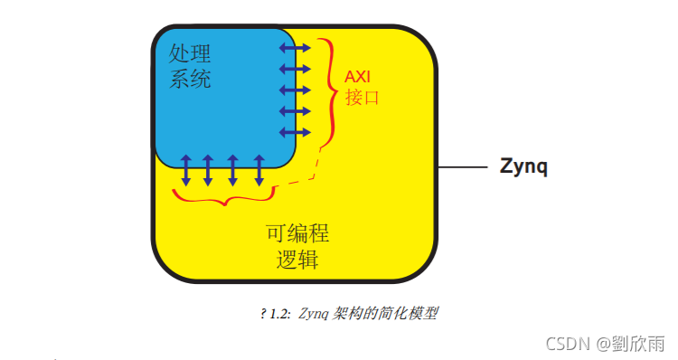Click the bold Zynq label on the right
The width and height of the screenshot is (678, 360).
(x=524, y=167)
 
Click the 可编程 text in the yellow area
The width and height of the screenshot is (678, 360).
(x=297, y=233)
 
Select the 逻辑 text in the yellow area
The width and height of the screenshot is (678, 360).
(x=297, y=261)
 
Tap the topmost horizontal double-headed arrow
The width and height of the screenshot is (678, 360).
(x=294, y=47)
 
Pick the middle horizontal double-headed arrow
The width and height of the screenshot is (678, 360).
(x=294, y=90)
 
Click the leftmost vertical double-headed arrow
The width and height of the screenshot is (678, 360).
(x=186, y=170)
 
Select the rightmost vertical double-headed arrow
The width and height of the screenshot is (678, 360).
(x=259, y=170)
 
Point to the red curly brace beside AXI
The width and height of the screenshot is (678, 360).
(x=326, y=90)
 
